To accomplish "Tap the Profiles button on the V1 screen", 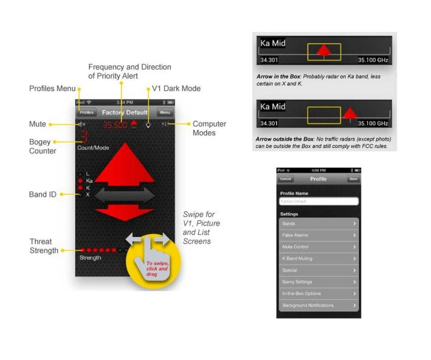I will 87,112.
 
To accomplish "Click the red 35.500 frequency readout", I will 115,125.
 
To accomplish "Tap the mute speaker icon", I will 81,124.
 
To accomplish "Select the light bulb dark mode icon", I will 148,125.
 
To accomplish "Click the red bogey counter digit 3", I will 83,136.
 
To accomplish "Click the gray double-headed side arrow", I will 125,195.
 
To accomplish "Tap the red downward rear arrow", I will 125,212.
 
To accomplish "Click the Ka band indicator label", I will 89,180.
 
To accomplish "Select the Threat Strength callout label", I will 44,246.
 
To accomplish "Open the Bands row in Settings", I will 318,224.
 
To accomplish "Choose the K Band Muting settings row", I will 318,259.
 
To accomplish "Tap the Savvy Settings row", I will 318,282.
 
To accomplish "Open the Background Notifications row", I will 318,305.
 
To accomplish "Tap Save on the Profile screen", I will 353,179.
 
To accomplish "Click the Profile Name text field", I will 318,202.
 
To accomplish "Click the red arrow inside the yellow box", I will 324,51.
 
